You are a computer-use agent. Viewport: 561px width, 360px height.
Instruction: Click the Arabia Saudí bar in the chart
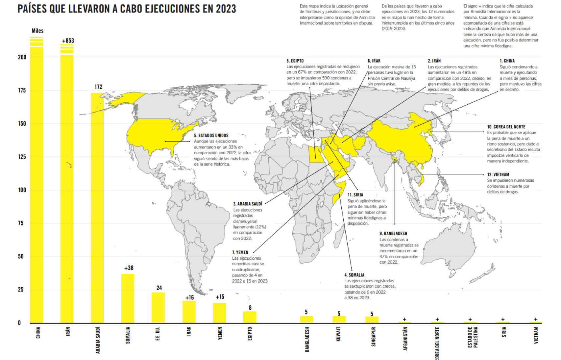tap(97, 207)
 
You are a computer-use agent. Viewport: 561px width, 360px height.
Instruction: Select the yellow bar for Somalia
tap(128, 298)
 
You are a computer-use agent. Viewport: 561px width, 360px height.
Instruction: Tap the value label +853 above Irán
tap(68, 41)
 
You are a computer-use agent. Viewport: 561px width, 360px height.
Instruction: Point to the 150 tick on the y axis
tap(22, 124)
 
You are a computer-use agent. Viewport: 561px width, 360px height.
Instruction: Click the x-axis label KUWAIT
tap(338, 334)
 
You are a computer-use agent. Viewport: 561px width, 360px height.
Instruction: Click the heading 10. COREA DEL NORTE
tap(506, 127)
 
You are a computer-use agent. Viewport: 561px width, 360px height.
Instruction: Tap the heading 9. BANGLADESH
tap(393, 234)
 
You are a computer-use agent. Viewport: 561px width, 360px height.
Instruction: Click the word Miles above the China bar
tap(37, 31)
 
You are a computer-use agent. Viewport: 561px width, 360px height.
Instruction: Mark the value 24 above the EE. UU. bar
tap(159, 288)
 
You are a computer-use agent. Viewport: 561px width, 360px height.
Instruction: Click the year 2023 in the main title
tap(226, 9)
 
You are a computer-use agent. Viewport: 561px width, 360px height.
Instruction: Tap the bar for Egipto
tap(250, 317)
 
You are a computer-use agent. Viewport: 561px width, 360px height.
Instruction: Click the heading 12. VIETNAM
tap(498, 175)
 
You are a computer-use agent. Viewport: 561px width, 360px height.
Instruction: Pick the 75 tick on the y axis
tap(21, 223)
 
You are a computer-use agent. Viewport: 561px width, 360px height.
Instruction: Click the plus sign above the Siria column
tap(503, 319)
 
